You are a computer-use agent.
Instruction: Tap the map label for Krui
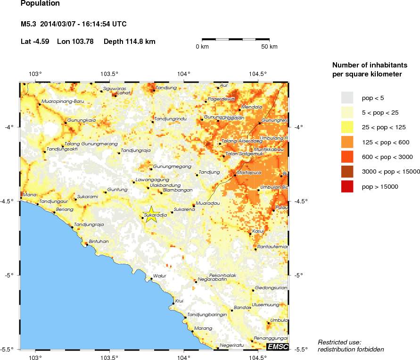(179, 301)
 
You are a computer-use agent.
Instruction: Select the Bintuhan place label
(99, 241)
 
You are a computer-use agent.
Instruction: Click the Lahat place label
(124, 92)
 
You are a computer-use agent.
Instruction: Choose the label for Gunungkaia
(82, 120)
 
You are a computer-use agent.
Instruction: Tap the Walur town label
(160, 276)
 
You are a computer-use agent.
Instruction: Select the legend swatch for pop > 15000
(347, 186)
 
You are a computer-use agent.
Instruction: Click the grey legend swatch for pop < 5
(347, 98)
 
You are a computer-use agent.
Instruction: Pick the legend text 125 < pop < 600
(387, 142)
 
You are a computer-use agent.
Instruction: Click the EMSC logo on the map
(277, 347)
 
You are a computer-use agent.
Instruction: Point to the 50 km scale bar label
(269, 46)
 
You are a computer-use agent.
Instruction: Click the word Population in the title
(41, 4)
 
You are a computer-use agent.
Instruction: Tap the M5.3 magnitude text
(29, 24)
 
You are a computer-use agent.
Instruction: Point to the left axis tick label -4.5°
(10, 201)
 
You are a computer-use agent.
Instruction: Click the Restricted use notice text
(340, 342)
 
